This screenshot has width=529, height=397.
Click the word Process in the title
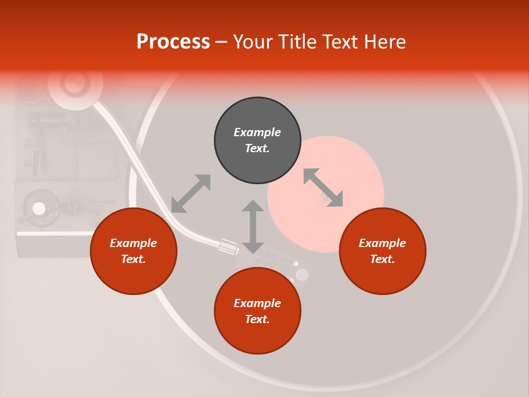[x=173, y=42]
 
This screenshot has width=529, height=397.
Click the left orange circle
[x=133, y=251]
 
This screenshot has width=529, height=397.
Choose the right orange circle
[x=382, y=251]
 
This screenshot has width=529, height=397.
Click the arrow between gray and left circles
[x=191, y=194]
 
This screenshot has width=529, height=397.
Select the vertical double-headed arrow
[x=253, y=227]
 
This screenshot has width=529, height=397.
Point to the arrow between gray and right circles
[x=323, y=187]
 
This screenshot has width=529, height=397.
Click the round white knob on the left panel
[x=39, y=208]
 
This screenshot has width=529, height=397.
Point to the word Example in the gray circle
[x=257, y=132]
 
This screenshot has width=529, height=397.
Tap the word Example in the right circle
[x=382, y=243]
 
